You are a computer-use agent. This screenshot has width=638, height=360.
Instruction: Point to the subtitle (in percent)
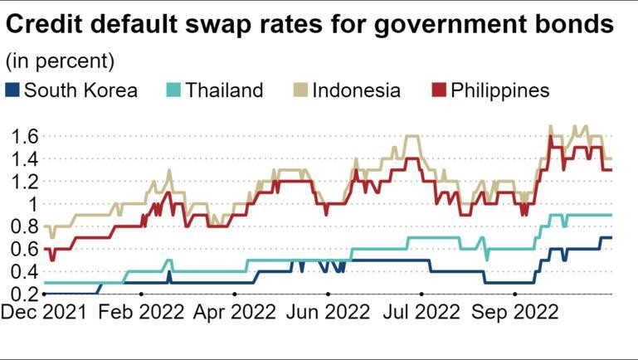click(x=60, y=61)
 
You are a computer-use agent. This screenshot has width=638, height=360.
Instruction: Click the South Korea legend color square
click(x=12, y=90)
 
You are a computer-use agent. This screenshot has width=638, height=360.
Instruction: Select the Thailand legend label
click(x=224, y=90)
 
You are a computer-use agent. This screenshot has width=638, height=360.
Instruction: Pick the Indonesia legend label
click(x=357, y=90)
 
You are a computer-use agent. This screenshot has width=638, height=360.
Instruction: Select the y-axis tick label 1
click(x=32, y=204)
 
